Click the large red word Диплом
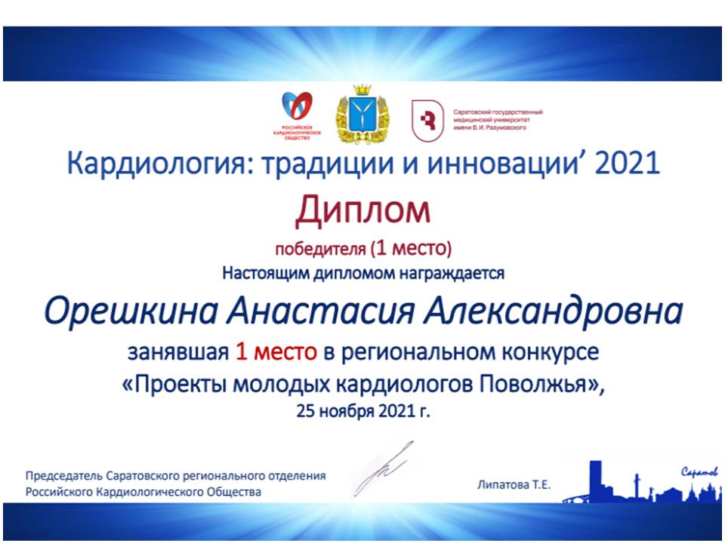362,211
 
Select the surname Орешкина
131,311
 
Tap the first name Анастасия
320,311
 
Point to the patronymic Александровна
553,311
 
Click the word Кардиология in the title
156,164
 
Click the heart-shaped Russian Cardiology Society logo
297,115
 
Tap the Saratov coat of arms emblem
362,115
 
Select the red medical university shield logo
427,121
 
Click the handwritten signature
383,468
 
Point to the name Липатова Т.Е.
514,485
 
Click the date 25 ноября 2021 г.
363,410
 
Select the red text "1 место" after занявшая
276,352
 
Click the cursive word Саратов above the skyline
699,472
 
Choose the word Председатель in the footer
64,476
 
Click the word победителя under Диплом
320,250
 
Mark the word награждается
452,273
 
